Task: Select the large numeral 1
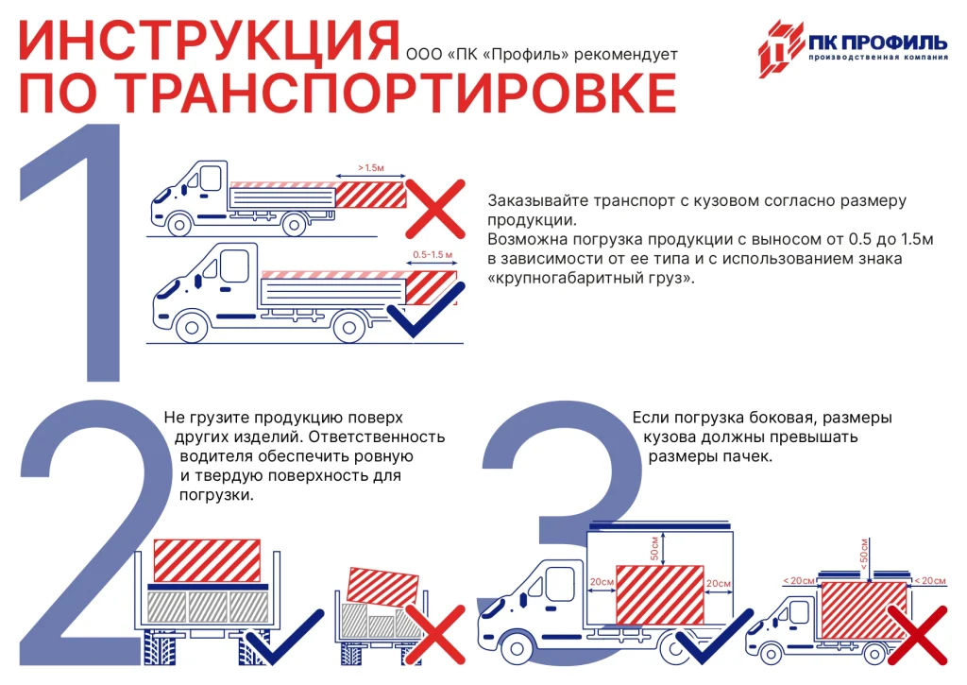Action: pyautogui.click(x=91, y=255)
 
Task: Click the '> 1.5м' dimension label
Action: pyautogui.click(x=370, y=167)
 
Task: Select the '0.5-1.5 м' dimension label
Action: pyautogui.click(x=433, y=255)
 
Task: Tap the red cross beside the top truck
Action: pyautogui.click(x=435, y=208)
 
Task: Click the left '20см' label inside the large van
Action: pyautogui.click(x=600, y=583)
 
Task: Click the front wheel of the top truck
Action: pyautogui.click(x=178, y=225)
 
